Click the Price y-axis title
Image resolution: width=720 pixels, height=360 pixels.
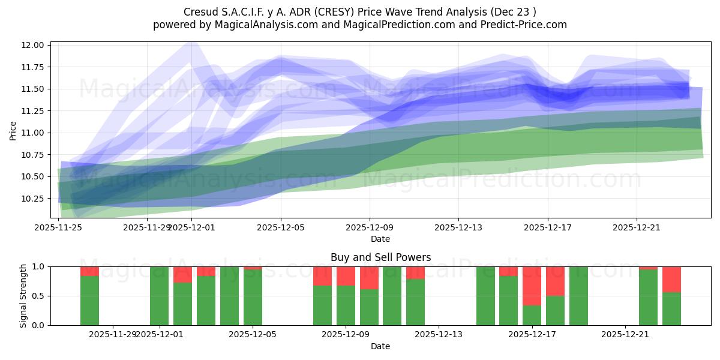coord(13,130)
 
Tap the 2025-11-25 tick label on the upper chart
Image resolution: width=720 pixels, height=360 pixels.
coord(58,228)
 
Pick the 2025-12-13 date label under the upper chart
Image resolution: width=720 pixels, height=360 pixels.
coord(458,228)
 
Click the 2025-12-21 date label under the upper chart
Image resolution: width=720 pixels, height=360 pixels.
coord(636,228)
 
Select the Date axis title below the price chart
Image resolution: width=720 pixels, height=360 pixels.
coord(380,239)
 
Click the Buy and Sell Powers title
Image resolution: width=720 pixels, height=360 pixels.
coord(380,257)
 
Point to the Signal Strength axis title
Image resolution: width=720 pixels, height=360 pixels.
coord(23,296)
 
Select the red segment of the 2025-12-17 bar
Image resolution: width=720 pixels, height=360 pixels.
coord(532,286)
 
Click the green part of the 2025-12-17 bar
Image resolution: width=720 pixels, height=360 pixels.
coord(532,315)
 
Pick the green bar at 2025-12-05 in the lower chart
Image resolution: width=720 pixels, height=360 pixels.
coord(253,298)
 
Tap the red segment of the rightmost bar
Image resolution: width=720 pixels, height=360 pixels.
coord(671,279)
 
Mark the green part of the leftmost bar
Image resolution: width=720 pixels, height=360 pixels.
coord(89,300)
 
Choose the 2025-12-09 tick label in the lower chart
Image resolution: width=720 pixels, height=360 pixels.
coord(346,334)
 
